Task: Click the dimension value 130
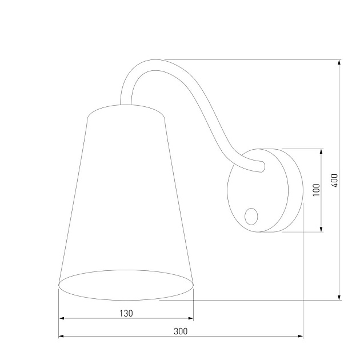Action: tap(126, 313)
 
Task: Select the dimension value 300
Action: tap(181, 331)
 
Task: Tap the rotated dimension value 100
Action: tap(316, 190)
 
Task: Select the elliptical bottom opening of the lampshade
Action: tap(126, 284)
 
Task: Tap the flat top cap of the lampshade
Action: tap(127, 110)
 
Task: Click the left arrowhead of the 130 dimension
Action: tap(62, 319)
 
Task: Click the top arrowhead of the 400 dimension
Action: tap(340, 62)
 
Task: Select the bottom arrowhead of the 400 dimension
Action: tap(340, 297)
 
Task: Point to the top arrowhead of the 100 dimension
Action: tap(322, 152)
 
